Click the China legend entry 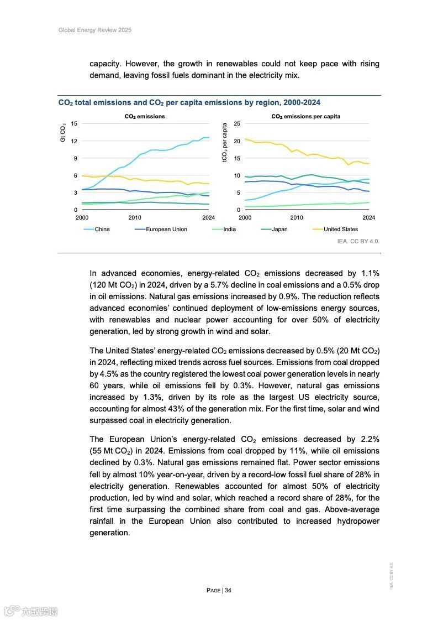tap(102, 230)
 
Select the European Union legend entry tap(166, 230)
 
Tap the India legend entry tap(229, 230)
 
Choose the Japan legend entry tap(279, 230)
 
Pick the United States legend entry tap(340, 230)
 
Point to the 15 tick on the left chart tap(74, 123)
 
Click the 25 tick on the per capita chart tap(238, 123)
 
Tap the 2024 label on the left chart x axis tap(208, 218)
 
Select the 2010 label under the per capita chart tap(297, 218)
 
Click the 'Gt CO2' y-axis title tap(63, 133)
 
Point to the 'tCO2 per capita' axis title tap(225, 143)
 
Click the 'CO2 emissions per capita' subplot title tap(305, 117)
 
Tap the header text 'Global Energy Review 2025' tap(95, 30)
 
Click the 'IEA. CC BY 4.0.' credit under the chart tap(358, 242)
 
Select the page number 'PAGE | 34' tap(219, 590)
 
